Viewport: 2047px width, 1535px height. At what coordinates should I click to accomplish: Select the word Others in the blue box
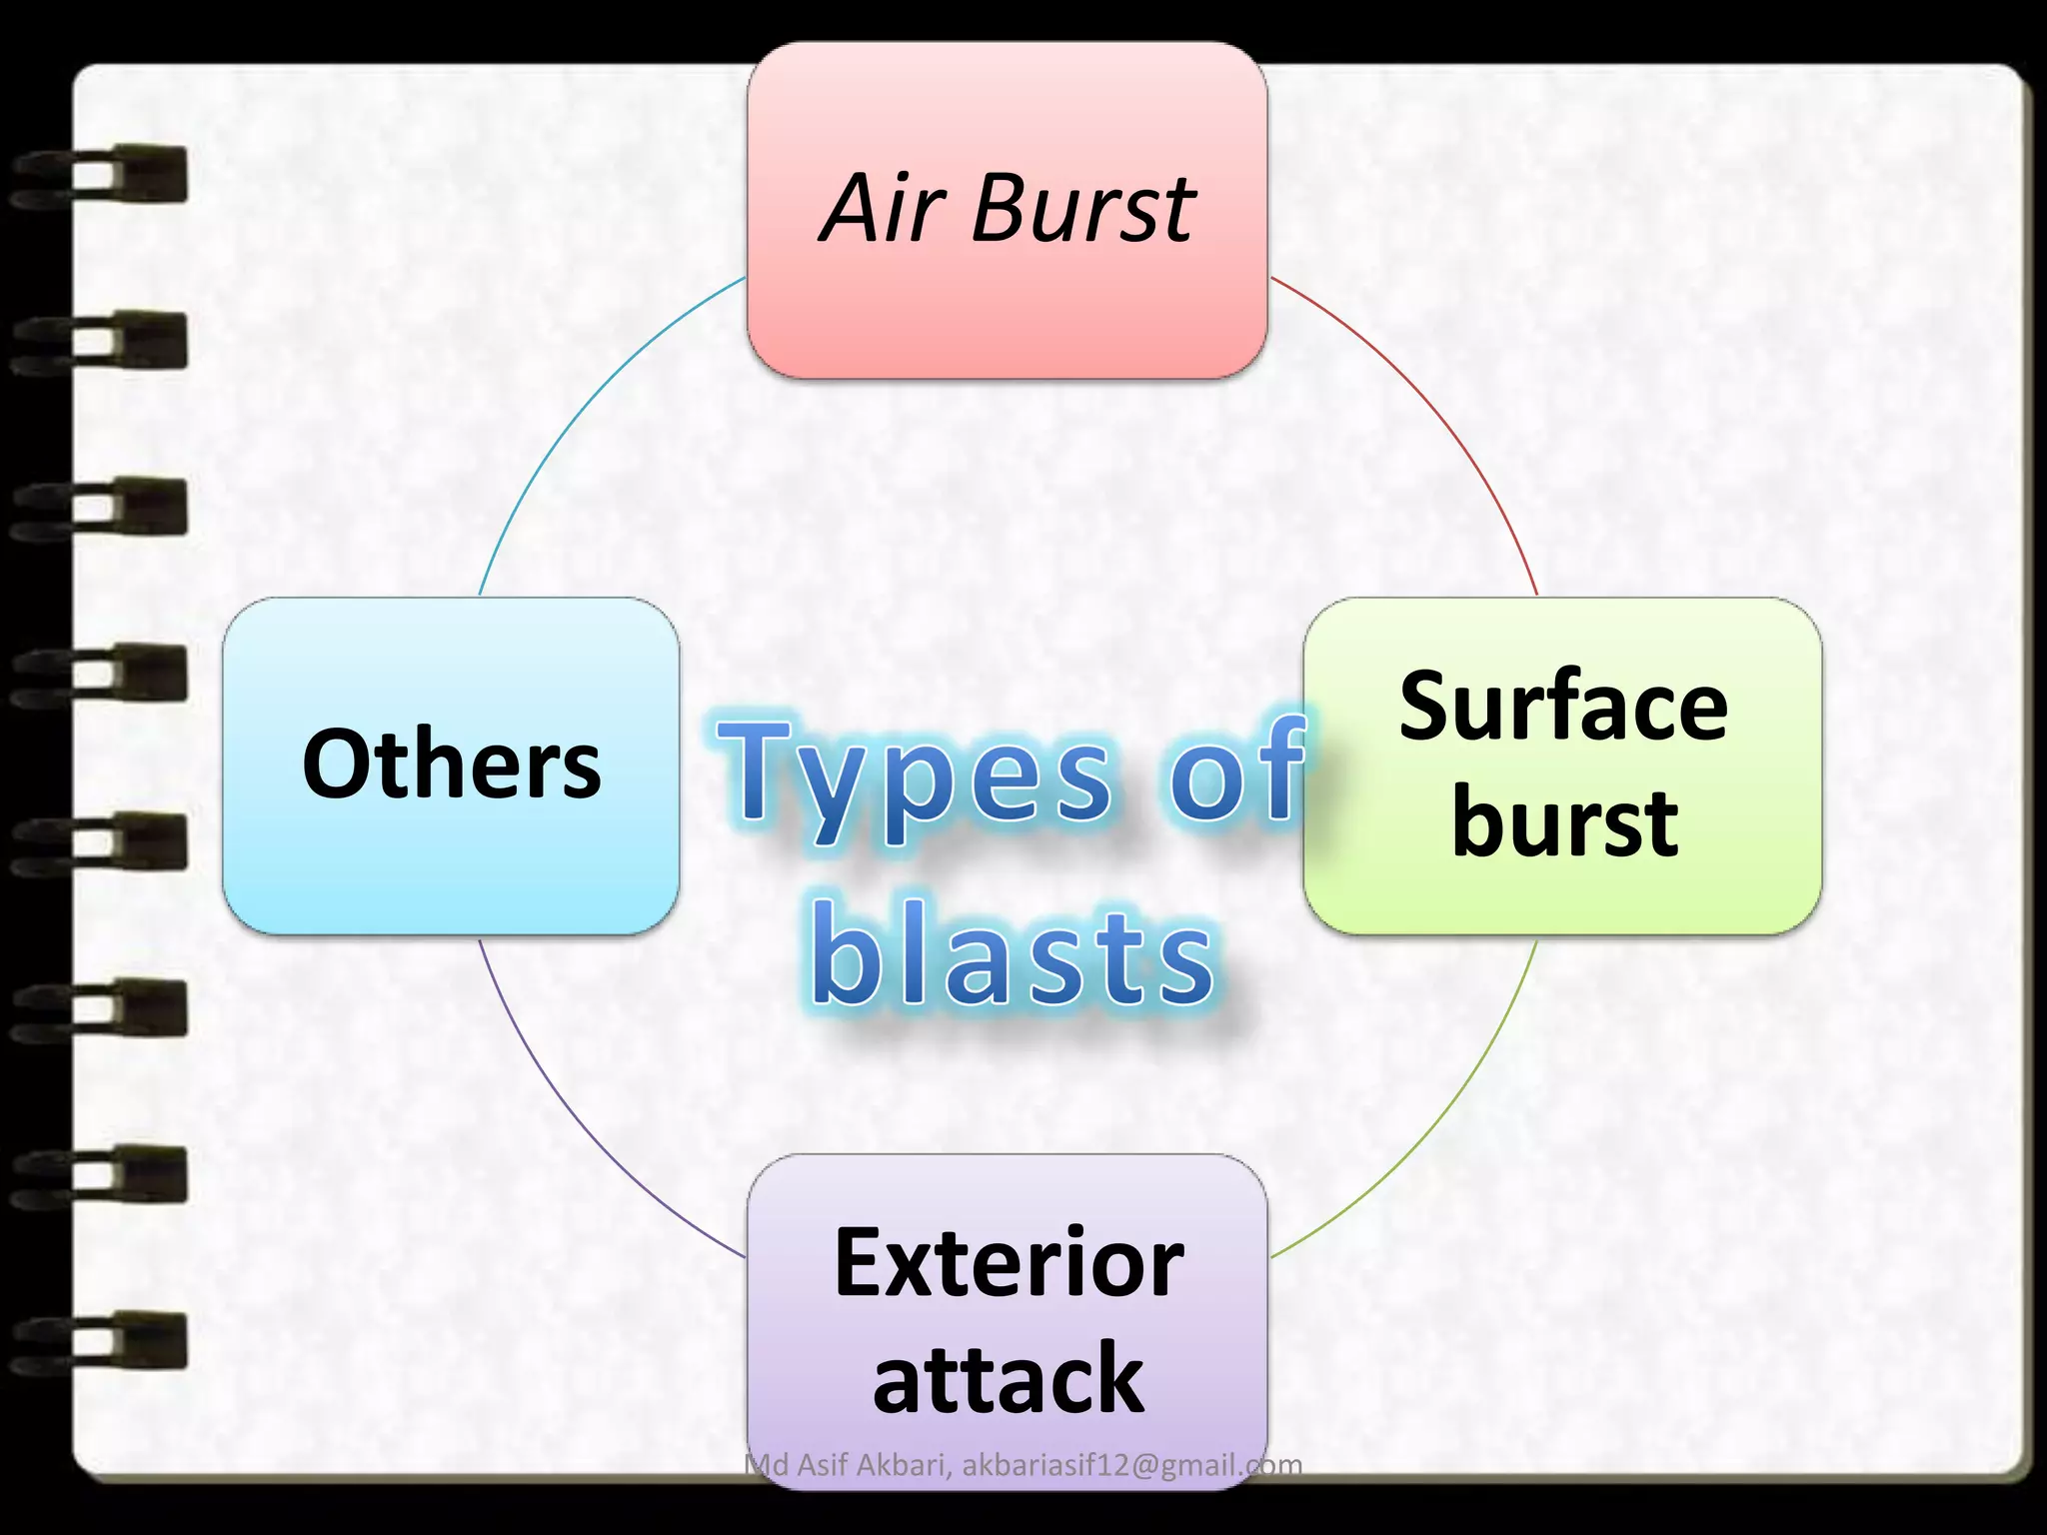pyautogui.click(x=452, y=765)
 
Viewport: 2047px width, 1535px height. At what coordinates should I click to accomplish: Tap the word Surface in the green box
pyautogui.click(x=1563, y=707)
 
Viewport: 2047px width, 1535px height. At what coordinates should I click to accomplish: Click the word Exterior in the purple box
pyautogui.click(x=1009, y=1263)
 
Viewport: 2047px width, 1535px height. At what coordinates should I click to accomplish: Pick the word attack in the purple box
pyautogui.click(x=1008, y=1379)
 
